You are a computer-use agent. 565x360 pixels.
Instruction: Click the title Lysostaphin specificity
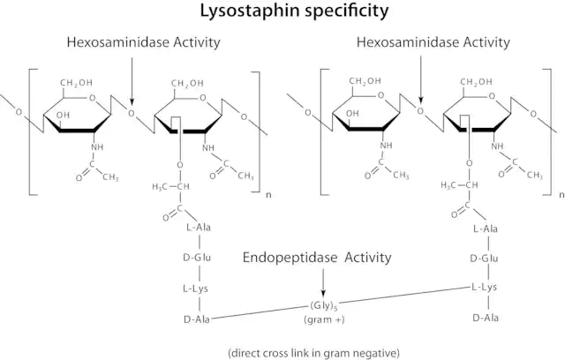tap(294, 11)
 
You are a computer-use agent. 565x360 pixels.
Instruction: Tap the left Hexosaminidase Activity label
tap(143, 42)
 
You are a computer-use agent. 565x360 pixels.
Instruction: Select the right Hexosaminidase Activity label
tap(433, 42)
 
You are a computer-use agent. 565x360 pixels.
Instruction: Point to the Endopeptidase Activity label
tap(317, 258)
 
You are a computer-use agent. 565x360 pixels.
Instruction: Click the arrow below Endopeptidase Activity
tap(323, 282)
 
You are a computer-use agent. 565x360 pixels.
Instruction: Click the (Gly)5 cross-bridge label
tap(324, 306)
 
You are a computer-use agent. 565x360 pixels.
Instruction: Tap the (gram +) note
tap(324, 319)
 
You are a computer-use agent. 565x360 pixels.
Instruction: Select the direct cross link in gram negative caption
tap(313, 352)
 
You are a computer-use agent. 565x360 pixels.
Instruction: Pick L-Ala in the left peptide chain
tap(199, 228)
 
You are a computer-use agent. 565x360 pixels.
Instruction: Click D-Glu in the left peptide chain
tap(197, 258)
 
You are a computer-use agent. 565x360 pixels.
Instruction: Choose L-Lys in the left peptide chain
tap(195, 289)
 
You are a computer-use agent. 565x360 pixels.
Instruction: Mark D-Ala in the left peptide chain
tap(197, 319)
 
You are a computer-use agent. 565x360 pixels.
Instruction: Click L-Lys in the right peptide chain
tap(485, 287)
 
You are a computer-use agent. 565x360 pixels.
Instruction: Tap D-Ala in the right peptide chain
tap(486, 318)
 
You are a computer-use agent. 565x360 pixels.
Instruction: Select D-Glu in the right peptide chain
tap(484, 259)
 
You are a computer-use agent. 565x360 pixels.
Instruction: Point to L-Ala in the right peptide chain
tap(486, 229)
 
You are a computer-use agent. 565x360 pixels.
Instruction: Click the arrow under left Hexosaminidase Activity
tap(132, 80)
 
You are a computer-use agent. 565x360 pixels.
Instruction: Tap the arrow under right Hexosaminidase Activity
tap(421, 79)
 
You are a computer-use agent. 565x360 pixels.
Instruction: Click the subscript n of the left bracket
tap(268, 196)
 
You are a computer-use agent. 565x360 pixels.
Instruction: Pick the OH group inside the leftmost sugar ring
tap(63, 116)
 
